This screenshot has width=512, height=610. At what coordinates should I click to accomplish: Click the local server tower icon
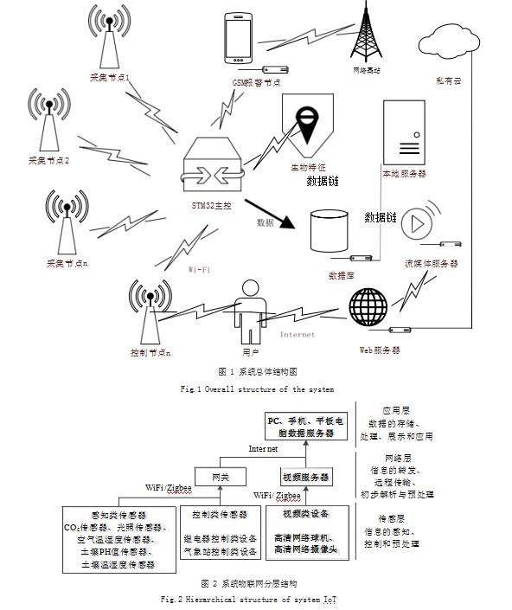click(404, 129)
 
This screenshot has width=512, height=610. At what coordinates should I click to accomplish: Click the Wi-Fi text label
click(202, 269)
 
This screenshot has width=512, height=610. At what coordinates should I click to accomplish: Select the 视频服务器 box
click(302, 475)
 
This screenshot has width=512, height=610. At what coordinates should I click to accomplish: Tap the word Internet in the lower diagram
click(264, 450)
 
